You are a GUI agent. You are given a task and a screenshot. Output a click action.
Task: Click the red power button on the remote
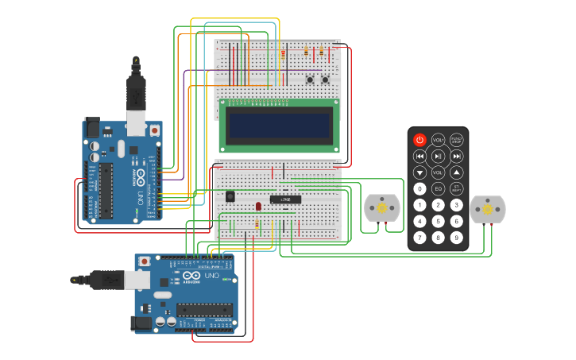[x=419, y=139]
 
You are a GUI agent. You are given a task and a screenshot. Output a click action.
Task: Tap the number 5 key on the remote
[x=438, y=221]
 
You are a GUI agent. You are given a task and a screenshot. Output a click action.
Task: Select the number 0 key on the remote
[x=419, y=188]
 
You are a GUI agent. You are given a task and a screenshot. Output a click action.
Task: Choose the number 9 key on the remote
[x=456, y=237]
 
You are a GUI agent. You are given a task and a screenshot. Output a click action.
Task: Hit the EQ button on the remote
[x=438, y=188]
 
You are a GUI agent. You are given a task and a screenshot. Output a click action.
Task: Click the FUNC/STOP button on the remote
[x=456, y=139]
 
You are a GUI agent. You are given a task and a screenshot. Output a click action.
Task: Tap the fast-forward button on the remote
[x=456, y=156]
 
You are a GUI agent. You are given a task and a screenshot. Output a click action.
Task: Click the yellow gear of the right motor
[x=487, y=209]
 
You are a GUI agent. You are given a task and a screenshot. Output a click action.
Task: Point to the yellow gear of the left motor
[x=381, y=208]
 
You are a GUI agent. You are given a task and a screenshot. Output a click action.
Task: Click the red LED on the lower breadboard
[x=258, y=206]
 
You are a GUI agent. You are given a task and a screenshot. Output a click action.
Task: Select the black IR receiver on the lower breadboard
[x=230, y=195]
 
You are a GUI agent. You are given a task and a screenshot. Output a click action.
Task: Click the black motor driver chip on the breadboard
[x=285, y=199]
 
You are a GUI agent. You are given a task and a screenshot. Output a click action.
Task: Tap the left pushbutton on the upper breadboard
[x=310, y=79]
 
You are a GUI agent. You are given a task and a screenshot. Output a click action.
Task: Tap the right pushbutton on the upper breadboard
[x=325, y=79]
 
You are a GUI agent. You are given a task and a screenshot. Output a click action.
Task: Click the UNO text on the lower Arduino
[x=211, y=276]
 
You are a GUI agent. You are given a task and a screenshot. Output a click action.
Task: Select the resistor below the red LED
[x=257, y=226]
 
